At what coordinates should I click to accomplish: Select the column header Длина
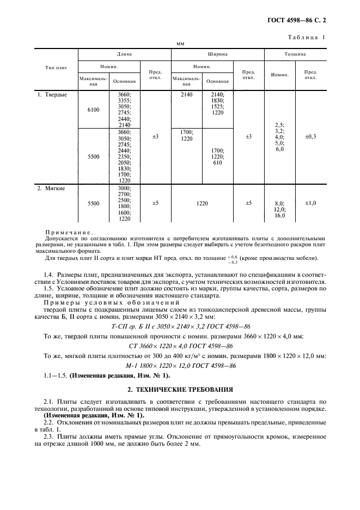tap(125, 54)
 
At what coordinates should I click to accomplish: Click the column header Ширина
tap(217, 54)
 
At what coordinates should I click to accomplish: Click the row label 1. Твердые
tap(52, 94)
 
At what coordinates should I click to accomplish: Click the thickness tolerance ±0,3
tap(311, 136)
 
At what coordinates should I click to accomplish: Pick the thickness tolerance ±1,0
tap(311, 203)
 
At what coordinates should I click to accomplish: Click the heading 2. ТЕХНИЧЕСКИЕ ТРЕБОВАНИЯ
tap(180, 390)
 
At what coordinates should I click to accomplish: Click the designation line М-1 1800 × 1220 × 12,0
tap(180, 366)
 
